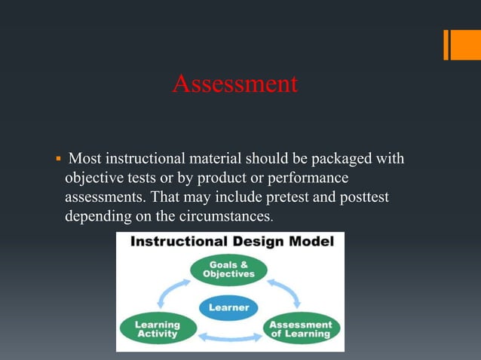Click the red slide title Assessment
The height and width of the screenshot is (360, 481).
point(234,84)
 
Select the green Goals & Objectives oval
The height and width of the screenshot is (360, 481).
point(228,270)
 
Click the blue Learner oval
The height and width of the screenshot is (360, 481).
point(229,307)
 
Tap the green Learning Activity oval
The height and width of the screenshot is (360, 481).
point(157,329)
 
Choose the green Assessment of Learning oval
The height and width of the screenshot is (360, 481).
point(301,329)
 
